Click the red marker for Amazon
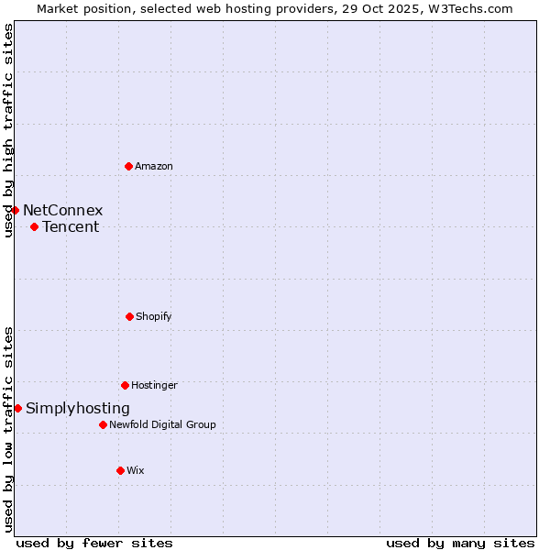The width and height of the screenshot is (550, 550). click(x=128, y=166)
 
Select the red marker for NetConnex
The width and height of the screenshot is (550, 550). click(x=15, y=210)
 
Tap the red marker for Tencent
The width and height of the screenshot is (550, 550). click(x=34, y=226)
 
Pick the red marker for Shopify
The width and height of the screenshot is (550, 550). click(x=129, y=316)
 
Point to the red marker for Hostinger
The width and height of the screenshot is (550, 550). click(x=125, y=385)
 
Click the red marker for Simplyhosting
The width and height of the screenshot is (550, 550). click(x=17, y=408)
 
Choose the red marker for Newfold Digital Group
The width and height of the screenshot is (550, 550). click(x=103, y=424)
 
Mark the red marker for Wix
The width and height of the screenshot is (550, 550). click(x=120, y=470)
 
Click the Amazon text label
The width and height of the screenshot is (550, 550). click(x=154, y=166)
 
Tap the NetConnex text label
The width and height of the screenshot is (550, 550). click(x=63, y=210)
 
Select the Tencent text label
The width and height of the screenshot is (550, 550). click(x=71, y=226)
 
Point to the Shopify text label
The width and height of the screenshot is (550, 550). click(x=154, y=316)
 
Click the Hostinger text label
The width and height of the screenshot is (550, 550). click(x=154, y=385)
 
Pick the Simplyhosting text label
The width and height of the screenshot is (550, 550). click(x=78, y=408)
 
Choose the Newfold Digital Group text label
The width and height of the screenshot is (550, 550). click(x=162, y=424)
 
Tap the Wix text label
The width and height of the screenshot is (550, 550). click(x=136, y=470)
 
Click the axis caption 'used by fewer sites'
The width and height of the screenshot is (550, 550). click(x=94, y=543)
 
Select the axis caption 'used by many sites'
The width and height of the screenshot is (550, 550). click(x=460, y=543)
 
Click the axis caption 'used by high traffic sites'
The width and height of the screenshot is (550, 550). click(x=8, y=130)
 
